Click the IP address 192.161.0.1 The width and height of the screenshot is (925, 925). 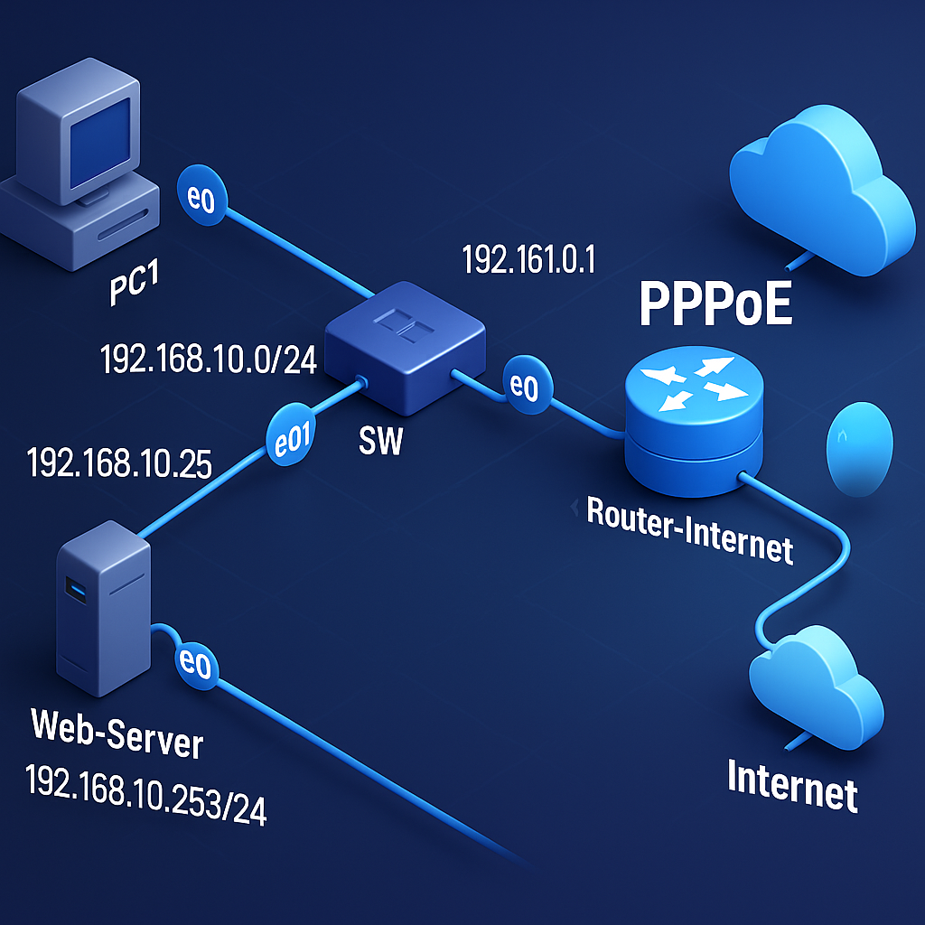click(528, 260)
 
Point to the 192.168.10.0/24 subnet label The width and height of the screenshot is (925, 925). click(207, 360)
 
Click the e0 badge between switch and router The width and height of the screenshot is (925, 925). click(524, 387)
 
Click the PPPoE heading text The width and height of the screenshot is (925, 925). click(715, 304)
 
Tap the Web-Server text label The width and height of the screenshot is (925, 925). click(117, 734)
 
